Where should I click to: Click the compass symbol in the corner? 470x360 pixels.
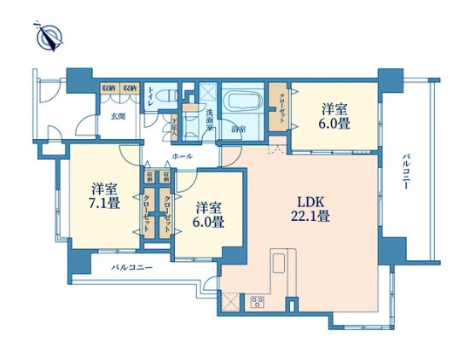[49, 36]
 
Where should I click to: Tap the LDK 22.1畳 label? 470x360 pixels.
[313, 209]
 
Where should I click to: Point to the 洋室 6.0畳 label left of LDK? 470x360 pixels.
[209, 214]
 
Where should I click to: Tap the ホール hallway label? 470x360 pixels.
[182, 157]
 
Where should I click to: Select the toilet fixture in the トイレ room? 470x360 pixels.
[167, 95]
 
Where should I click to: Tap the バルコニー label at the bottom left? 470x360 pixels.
[132, 268]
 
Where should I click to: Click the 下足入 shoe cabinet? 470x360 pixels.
[173, 126]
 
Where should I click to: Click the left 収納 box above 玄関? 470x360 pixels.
[108, 88]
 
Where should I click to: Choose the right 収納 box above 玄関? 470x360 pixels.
[129, 88]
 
